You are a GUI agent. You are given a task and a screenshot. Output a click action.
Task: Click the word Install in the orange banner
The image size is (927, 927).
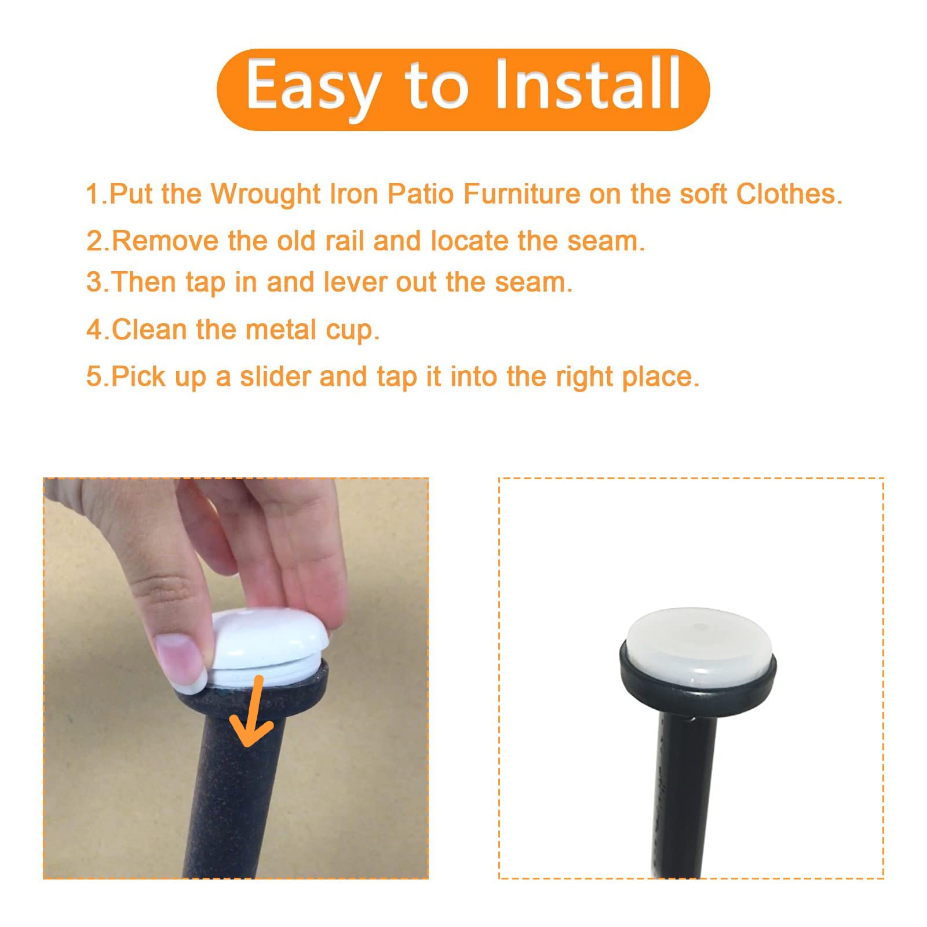click(587, 85)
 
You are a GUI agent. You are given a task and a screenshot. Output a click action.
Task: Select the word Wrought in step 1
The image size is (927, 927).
click(265, 194)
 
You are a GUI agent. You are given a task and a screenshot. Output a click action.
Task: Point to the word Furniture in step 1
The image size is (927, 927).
click(521, 194)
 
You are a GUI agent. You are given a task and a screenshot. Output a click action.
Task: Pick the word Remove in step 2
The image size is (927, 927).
click(165, 241)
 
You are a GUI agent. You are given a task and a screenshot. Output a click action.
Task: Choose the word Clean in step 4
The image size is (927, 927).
click(149, 330)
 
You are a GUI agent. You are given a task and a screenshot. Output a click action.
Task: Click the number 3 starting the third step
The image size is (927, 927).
click(94, 283)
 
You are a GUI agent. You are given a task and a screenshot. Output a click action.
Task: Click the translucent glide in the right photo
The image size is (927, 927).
click(698, 646)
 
